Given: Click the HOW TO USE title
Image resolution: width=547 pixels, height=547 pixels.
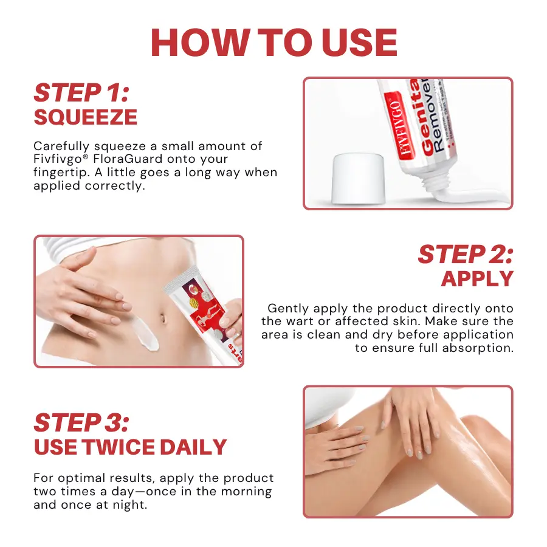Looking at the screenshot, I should click(273, 43).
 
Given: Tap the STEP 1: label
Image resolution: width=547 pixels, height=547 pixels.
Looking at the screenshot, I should click(81, 93).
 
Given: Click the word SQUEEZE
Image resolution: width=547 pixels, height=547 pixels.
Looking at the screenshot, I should click(85, 117).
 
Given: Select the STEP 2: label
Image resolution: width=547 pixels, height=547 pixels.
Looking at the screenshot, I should click(466, 255).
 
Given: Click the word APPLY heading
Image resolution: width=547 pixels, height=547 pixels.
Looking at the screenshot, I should click(477, 279).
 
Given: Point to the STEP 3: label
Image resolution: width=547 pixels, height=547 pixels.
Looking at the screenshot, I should click(81, 423).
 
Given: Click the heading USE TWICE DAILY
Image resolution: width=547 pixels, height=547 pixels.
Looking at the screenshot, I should click(130, 447).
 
